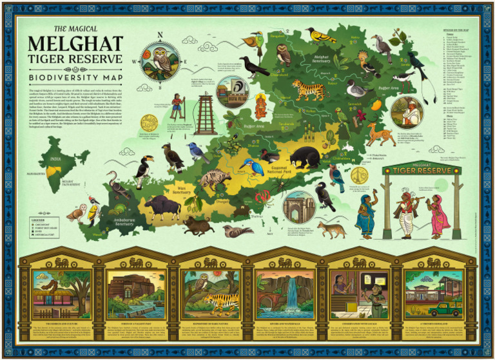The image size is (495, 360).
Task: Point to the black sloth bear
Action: pos(303,156)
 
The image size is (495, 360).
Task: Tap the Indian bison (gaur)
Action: pos(162,207)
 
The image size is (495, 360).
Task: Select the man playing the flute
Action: pos(406,213)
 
